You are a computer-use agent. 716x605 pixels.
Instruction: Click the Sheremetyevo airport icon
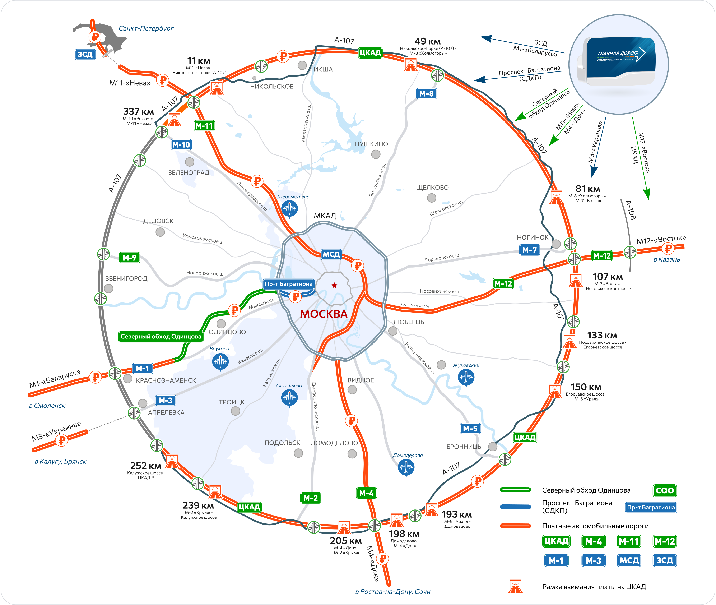[289, 208]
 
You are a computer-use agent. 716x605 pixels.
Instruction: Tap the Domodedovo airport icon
[406, 467]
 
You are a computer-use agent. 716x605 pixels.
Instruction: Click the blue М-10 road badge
[181, 145]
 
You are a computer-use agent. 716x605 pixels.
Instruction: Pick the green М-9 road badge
[130, 258]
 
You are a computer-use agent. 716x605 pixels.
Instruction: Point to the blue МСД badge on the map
[331, 254]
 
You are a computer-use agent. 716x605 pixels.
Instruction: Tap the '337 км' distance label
[139, 111]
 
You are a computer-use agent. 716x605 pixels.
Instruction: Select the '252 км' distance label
[146, 466]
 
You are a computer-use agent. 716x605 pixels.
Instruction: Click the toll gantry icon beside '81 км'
[556, 197]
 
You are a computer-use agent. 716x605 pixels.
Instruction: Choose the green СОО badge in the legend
[665, 490]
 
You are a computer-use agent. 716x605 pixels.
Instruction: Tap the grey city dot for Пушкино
[376, 154]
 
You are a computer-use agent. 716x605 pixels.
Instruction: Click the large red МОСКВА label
[324, 314]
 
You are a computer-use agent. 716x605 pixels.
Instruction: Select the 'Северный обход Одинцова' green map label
[161, 336]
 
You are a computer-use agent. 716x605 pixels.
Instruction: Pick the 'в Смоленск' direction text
[47, 405]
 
